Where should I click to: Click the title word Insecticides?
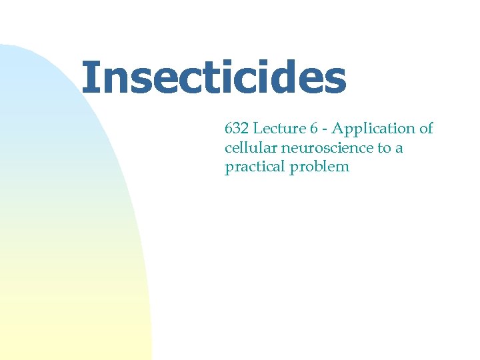tap(213, 79)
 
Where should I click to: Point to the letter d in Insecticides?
tap(289, 79)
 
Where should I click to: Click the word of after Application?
tap(426, 129)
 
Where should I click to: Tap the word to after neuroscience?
tap(385, 148)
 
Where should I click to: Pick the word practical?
tap(254, 167)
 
